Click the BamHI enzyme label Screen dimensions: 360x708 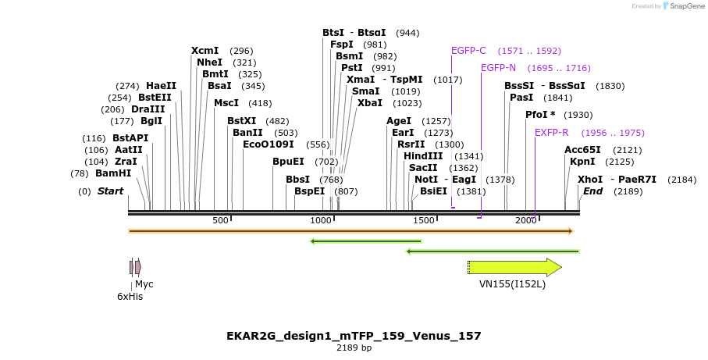(113, 173)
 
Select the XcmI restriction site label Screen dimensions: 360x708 (205, 51)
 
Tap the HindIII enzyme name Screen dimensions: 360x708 (423, 156)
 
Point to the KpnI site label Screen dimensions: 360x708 (582, 162)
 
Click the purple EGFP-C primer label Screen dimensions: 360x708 (468, 51)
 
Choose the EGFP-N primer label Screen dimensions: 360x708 (498, 68)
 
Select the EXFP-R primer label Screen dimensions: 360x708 (551, 133)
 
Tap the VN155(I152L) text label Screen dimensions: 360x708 (512, 284)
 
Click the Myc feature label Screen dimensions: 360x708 (144, 284)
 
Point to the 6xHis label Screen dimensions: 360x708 (130, 297)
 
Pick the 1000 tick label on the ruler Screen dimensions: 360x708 (322, 221)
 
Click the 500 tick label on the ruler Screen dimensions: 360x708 (219, 221)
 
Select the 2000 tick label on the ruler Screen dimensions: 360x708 (525, 221)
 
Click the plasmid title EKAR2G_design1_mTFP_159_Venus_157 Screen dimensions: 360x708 (354, 336)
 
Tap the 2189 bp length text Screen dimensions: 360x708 (354, 348)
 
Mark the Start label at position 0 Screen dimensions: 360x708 (110, 191)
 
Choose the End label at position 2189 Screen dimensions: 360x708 (593, 191)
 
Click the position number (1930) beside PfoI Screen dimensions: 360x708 (578, 115)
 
